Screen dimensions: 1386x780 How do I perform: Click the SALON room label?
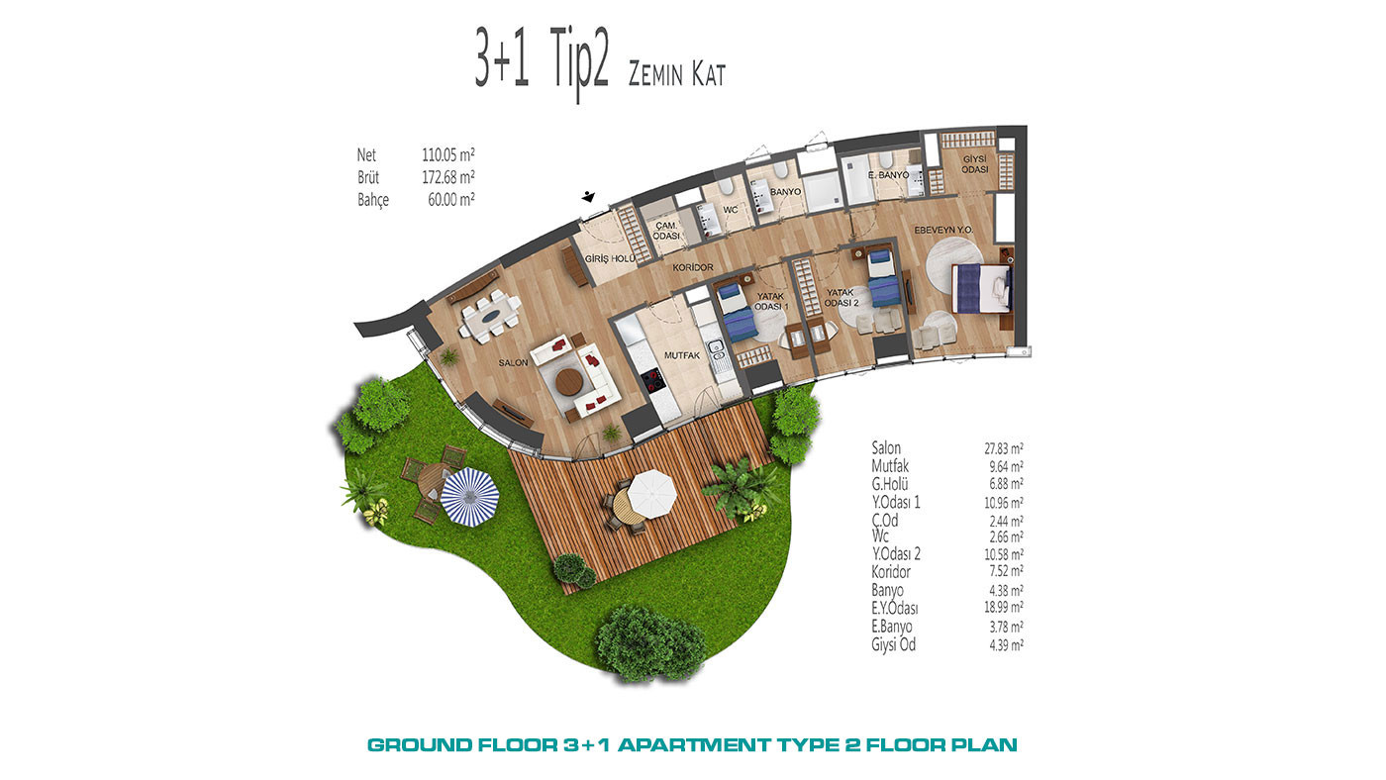[513, 362]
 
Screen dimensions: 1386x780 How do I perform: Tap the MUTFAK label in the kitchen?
[682, 355]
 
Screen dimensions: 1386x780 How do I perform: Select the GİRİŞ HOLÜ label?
[610, 259]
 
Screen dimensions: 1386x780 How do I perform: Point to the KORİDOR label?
[692, 267]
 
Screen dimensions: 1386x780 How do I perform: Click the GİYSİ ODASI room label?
[974, 164]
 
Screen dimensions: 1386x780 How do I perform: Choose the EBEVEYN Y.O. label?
[943, 230]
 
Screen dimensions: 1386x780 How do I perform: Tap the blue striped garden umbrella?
[469, 496]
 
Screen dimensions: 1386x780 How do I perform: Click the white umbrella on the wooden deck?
[650, 494]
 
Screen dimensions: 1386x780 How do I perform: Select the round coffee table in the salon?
[568, 382]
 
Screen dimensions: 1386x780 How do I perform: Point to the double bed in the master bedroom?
[982, 289]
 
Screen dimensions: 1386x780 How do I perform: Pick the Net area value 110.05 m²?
[447, 154]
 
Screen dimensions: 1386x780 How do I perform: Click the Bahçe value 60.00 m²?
[451, 200]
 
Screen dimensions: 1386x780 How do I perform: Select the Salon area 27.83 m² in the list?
[1003, 448]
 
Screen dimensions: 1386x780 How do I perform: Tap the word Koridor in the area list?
[891, 571]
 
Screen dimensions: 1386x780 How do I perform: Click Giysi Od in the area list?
[893, 645]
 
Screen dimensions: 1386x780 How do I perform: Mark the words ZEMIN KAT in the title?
[676, 74]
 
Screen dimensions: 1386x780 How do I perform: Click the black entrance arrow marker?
[588, 197]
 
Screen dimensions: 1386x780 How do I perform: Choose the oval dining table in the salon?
[492, 316]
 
